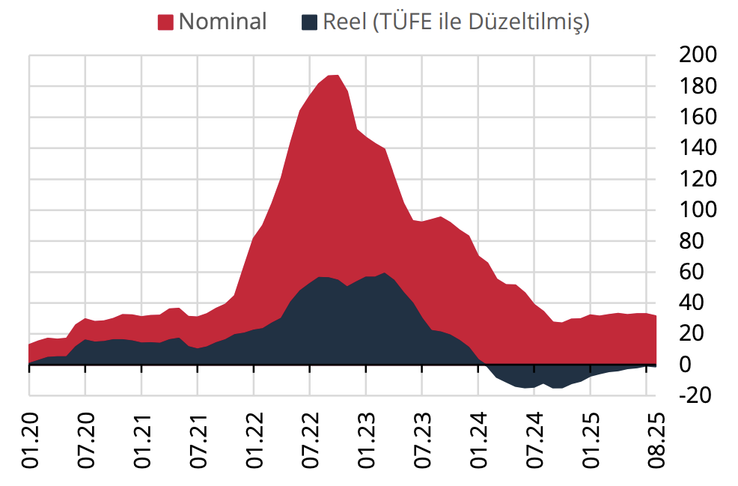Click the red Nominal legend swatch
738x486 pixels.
click(166, 22)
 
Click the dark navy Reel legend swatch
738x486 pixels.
click(310, 22)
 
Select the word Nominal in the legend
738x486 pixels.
click(222, 22)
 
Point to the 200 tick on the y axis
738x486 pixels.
click(697, 55)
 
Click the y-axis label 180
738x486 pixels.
click(697, 86)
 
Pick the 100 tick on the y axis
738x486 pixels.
click(697, 210)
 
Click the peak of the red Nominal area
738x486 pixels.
click(334, 76)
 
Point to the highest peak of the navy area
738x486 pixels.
click(384, 273)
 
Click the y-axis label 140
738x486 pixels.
click(697, 148)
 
